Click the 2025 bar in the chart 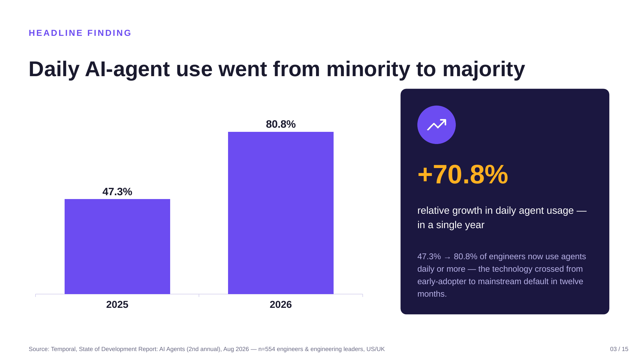coord(117,246)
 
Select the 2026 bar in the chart coord(281,213)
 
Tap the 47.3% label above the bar coord(117,192)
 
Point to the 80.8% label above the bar coord(281,124)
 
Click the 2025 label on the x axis coord(117,304)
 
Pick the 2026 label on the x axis coord(281,304)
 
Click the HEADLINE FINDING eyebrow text coord(80,33)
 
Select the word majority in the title coord(484,69)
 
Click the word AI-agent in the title coord(127,69)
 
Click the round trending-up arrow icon coord(437,125)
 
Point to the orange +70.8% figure coord(463,175)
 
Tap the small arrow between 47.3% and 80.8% coord(447,258)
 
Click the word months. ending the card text coord(432,294)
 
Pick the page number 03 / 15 coord(619,349)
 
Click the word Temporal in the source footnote coord(64,349)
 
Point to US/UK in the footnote coord(375,349)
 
